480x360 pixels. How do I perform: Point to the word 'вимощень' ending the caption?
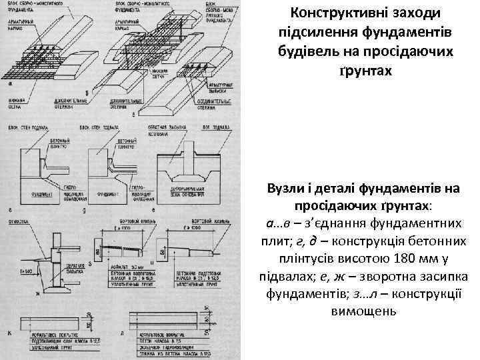363,310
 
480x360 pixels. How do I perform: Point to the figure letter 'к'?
11,331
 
